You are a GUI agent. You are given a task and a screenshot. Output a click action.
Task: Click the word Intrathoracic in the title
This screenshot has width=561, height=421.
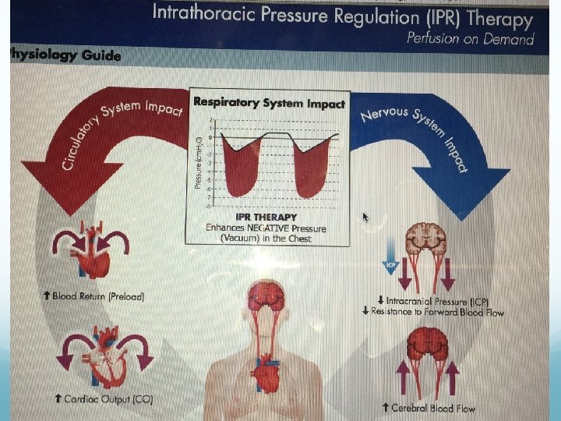pyautogui.click(x=199, y=13)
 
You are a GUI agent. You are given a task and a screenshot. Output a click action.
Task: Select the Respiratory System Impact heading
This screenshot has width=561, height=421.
pyautogui.click(x=269, y=102)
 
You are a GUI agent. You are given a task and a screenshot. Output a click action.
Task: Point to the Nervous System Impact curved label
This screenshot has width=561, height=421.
pyautogui.click(x=417, y=133)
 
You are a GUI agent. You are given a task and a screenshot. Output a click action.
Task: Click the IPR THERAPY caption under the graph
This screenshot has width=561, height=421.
pyautogui.click(x=266, y=217)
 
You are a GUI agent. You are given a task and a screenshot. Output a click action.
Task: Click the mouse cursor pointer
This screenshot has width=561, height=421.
pyautogui.click(x=365, y=217)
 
